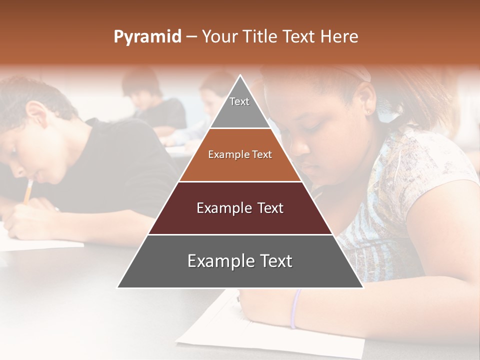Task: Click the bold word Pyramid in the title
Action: (x=147, y=37)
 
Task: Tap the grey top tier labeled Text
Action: (x=239, y=107)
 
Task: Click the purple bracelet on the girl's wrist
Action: (x=295, y=308)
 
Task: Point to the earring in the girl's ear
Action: (x=370, y=111)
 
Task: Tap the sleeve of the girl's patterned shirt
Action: (x=425, y=165)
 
